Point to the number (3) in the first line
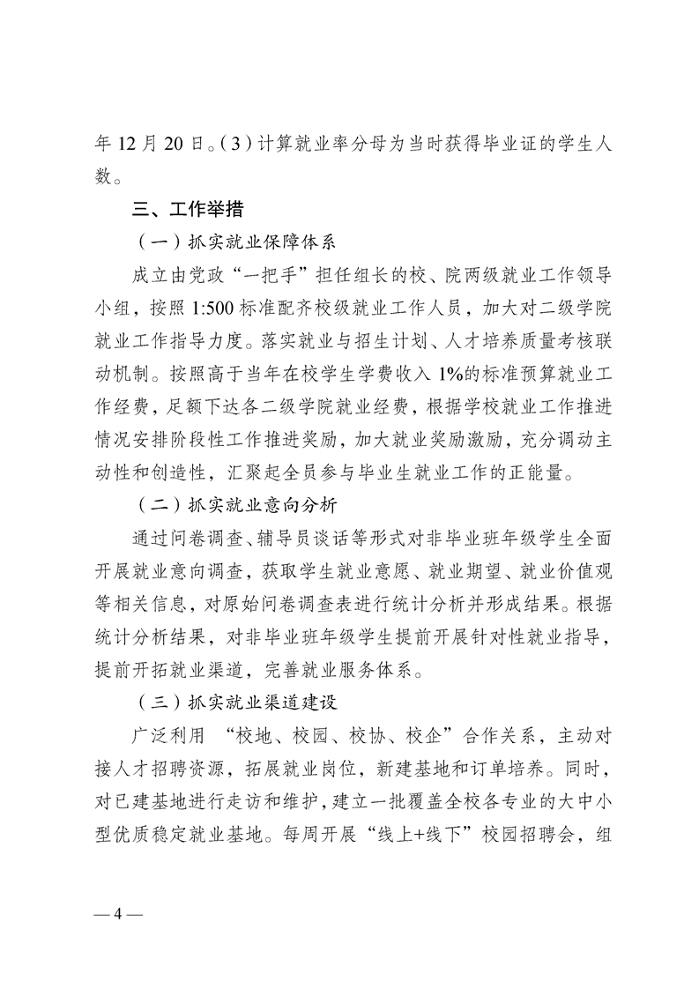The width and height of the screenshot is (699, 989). [x=237, y=145]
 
